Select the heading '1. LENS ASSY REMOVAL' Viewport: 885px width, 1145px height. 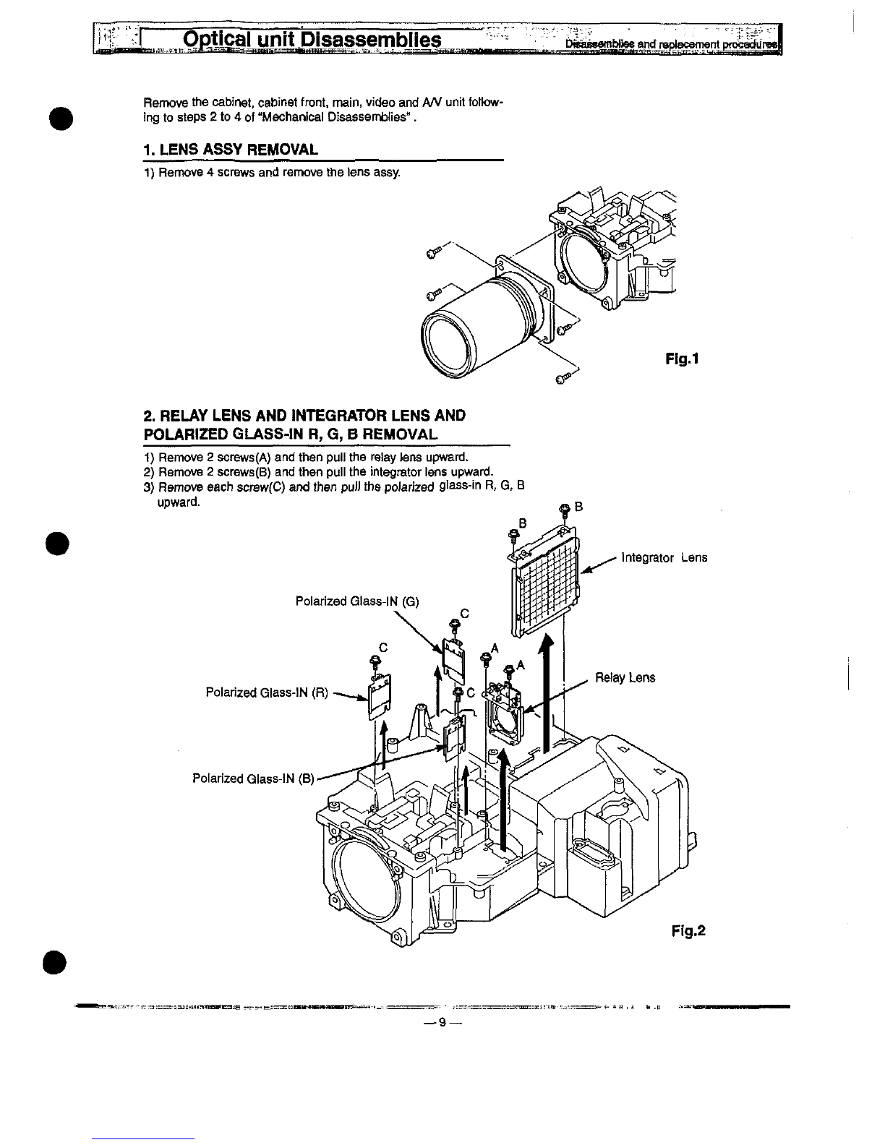(x=231, y=150)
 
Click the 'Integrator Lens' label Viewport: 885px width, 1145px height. (x=664, y=558)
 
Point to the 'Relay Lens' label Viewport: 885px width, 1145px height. (x=625, y=678)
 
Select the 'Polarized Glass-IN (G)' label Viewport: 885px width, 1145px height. (x=357, y=601)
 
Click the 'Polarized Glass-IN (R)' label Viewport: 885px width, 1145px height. (x=267, y=693)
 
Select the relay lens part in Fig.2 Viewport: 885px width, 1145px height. (x=506, y=715)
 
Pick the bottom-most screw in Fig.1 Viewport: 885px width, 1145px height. (x=563, y=378)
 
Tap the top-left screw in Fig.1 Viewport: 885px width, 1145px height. (x=432, y=252)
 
